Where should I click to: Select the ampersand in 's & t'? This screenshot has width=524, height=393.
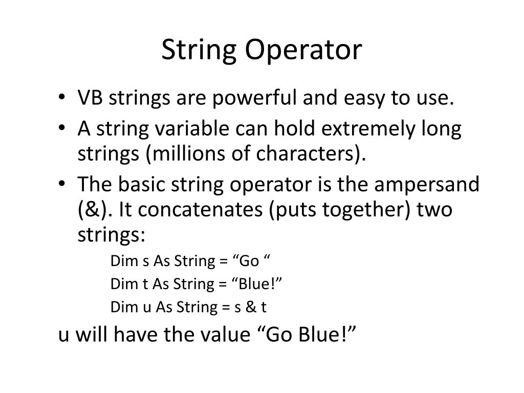(250, 307)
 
